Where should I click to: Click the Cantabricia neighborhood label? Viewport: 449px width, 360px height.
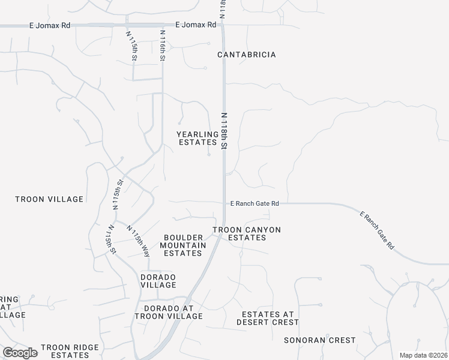pyautogui.click(x=247, y=55)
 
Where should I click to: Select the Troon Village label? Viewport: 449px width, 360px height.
pyautogui.click(x=49, y=199)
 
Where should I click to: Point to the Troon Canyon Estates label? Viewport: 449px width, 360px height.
pyautogui.click(x=247, y=233)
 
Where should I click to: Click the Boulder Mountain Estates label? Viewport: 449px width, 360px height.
pyautogui.click(x=183, y=245)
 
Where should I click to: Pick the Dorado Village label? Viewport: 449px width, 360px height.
pyautogui.click(x=158, y=281)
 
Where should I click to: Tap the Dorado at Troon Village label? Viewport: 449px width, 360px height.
pyautogui.click(x=169, y=312)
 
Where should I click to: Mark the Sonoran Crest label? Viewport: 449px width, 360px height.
pyautogui.click(x=328, y=340)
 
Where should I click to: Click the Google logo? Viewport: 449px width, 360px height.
pyautogui.click(x=20, y=353)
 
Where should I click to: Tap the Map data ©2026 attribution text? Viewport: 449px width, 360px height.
pyautogui.click(x=423, y=355)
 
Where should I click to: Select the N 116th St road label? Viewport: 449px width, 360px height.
pyautogui.click(x=162, y=45)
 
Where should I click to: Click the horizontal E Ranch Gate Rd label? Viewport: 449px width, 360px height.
pyautogui.click(x=255, y=204)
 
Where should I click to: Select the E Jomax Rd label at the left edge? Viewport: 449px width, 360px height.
pyautogui.click(x=50, y=26)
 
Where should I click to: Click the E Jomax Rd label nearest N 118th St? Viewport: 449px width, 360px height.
pyautogui.click(x=196, y=25)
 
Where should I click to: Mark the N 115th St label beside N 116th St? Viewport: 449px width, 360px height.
pyautogui.click(x=132, y=46)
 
